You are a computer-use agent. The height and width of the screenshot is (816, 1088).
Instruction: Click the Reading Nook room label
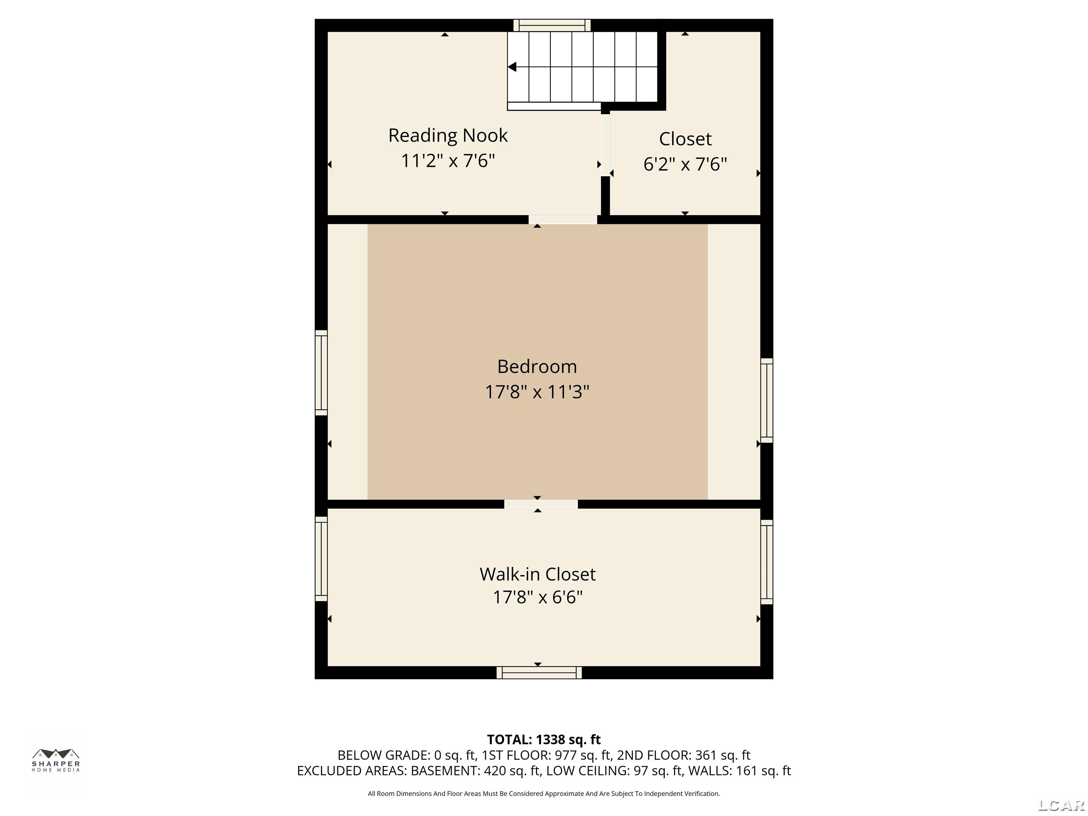448,135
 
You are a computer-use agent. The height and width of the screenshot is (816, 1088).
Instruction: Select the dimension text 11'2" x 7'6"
448,161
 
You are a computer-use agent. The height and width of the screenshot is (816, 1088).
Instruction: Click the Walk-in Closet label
537,574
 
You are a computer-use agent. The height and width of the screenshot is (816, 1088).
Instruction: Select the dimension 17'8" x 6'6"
537,597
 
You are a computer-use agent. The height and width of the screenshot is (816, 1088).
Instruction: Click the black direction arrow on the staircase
512,67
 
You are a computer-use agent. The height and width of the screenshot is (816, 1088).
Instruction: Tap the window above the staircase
552,25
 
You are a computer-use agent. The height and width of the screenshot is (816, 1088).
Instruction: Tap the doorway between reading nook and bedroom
563,219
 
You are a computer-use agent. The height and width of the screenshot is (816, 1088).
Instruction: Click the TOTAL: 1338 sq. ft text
544,739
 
